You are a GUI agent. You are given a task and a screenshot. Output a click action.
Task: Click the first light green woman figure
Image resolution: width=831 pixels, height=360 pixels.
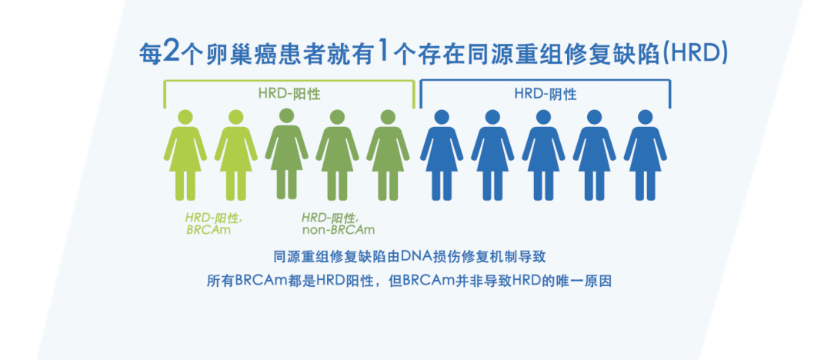coord(185,155)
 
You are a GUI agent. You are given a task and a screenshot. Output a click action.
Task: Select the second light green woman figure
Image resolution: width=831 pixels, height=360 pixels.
coord(236,155)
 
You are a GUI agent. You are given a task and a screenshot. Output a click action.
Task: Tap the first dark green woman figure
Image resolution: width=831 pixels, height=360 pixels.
coord(287,155)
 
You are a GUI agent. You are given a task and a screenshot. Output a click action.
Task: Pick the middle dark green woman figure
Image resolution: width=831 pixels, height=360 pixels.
coord(338,155)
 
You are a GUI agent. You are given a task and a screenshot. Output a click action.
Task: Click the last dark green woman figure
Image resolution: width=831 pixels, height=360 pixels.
coord(389,155)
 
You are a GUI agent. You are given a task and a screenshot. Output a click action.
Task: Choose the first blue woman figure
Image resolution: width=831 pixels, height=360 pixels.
coord(442,155)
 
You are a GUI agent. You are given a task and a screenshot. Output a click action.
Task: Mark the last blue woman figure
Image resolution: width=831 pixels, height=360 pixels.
coord(645,155)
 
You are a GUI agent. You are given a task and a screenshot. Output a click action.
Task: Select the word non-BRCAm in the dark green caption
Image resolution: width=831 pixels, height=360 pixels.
coord(338,229)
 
